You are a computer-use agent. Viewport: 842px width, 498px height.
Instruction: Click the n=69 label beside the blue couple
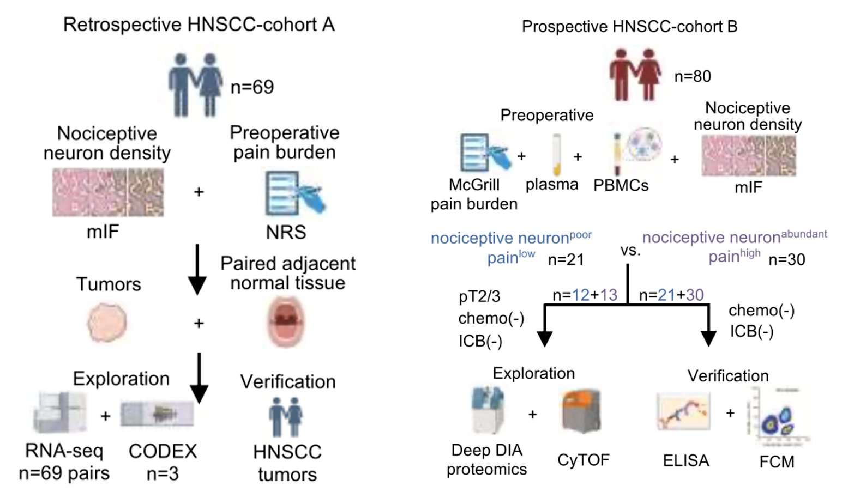tap(252, 87)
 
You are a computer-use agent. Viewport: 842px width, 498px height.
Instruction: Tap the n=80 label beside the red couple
tap(693, 76)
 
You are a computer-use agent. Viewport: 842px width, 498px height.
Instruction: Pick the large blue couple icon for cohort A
tap(195, 85)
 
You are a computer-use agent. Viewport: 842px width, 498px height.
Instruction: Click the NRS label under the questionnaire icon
tap(286, 232)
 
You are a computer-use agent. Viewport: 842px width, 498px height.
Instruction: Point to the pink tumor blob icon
tap(107, 323)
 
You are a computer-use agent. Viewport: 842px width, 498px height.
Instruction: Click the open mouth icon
tap(286, 321)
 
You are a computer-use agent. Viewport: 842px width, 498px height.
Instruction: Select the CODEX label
tap(163, 451)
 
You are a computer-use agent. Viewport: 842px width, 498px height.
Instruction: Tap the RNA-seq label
tap(64, 451)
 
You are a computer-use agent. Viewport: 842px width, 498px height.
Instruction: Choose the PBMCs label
tap(621, 185)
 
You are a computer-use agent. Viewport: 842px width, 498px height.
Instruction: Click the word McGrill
tap(474, 185)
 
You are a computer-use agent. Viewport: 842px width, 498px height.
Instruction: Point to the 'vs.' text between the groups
tap(630, 251)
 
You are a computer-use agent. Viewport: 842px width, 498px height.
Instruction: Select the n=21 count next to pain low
tap(566, 260)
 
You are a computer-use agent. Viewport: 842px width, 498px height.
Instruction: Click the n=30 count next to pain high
tap(786, 260)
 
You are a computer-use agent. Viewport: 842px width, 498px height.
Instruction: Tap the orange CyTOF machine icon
tap(582, 411)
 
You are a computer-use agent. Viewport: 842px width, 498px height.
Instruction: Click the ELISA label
tap(685, 461)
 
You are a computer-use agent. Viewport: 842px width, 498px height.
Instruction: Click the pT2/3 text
tap(479, 296)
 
